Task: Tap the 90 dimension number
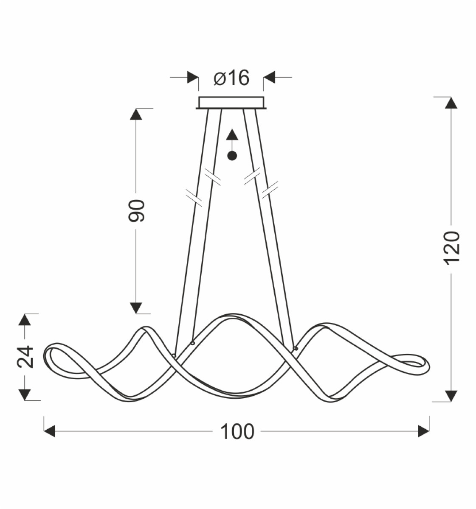coord(136,210)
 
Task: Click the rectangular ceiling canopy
coord(231,103)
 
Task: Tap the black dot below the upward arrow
coord(232,156)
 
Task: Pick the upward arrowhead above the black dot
coord(232,135)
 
